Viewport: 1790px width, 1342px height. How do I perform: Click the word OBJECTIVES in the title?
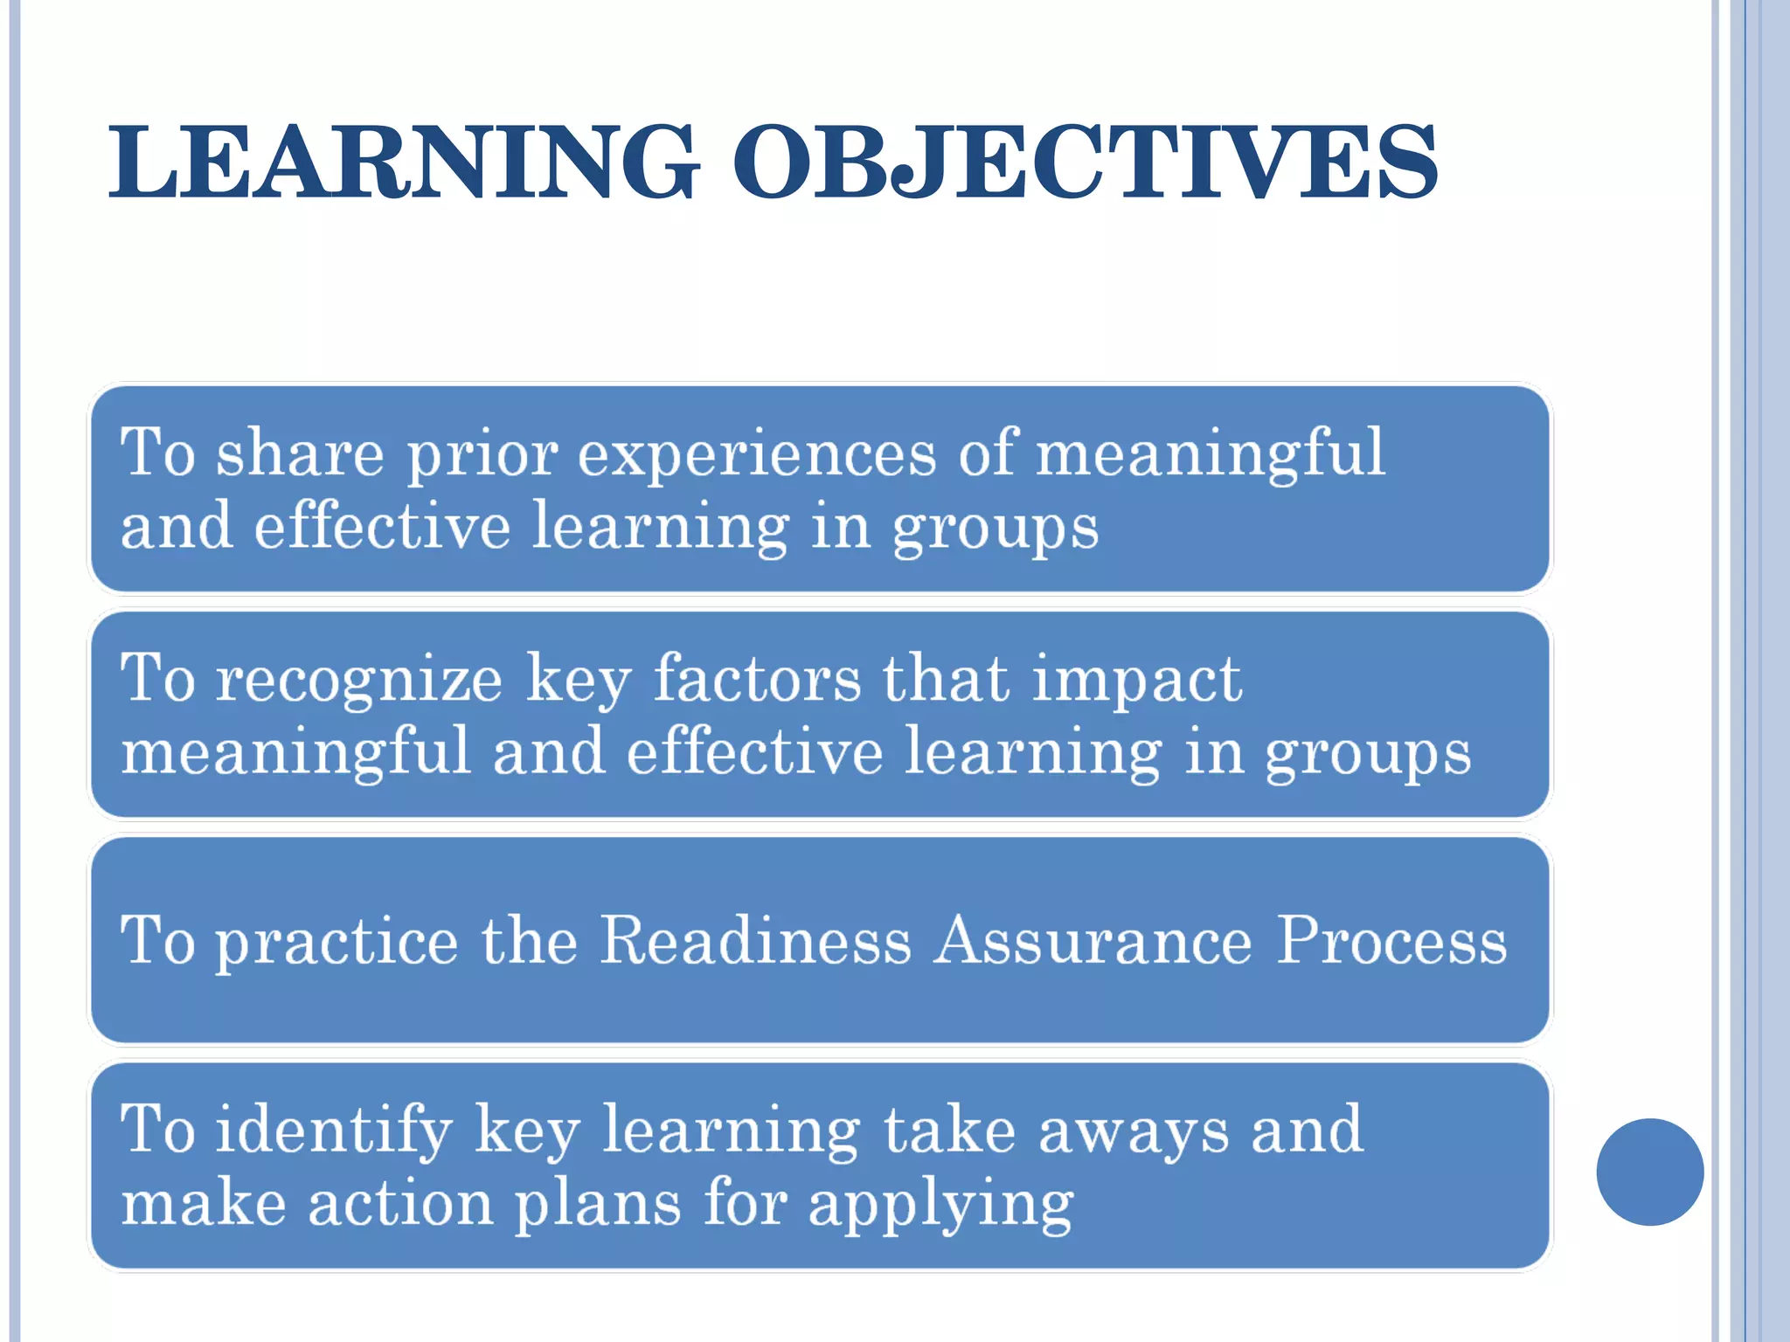1084,163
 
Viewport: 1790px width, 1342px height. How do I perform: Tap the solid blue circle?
1649,1172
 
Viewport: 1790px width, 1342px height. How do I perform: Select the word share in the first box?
300,454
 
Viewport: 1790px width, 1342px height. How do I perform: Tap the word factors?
757,679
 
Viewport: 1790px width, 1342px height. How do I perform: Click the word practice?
336,942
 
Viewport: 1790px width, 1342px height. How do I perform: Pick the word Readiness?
756,941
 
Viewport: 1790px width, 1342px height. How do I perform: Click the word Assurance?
1093,941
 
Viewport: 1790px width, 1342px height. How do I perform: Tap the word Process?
1391,941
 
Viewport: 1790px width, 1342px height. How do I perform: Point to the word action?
400,1204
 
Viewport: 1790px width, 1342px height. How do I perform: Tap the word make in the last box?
203,1204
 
